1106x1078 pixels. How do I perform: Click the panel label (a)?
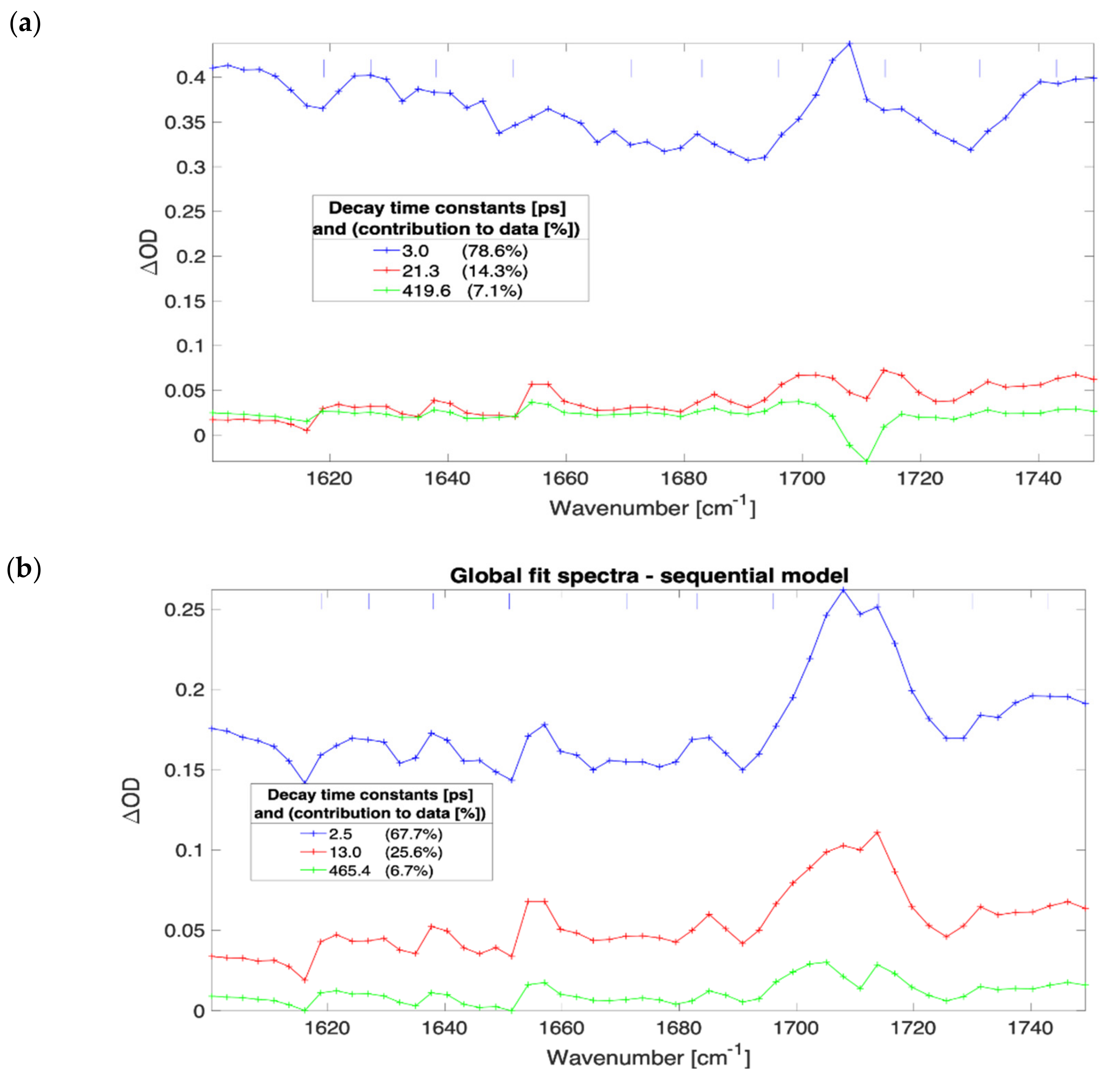pyautogui.click(x=25, y=25)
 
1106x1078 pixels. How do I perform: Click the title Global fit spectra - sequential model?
pyautogui.click(x=649, y=576)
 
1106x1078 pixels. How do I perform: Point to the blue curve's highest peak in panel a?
pyautogui.click(x=849, y=43)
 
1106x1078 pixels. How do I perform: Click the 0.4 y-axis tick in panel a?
pyautogui.click(x=190, y=77)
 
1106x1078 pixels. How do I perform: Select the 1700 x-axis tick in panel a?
pyautogui.click(x=802, y=479)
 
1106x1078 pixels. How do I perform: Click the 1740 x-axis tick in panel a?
pyautogui.click(x=1038, y=479)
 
